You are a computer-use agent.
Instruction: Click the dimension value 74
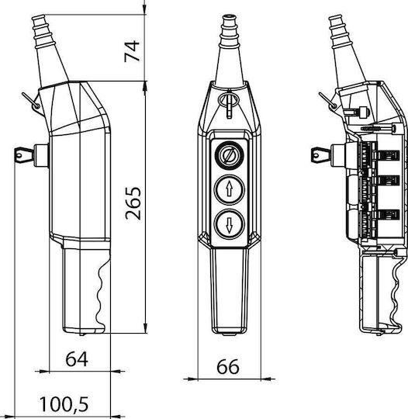pos(132,51)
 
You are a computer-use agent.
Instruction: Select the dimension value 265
pos(133,203)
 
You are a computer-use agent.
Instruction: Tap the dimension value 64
pos(77,359)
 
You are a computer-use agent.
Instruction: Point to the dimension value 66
pos(228,366)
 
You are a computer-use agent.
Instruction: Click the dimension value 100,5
pos(64,404)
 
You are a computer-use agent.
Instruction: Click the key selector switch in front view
pos(230,155)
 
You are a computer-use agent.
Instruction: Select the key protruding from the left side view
pos(25,154)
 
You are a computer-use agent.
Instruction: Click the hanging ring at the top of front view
pos(229,100)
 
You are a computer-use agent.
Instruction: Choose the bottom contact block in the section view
pos(389,215)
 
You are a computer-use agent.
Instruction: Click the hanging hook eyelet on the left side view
pos(36,106)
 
